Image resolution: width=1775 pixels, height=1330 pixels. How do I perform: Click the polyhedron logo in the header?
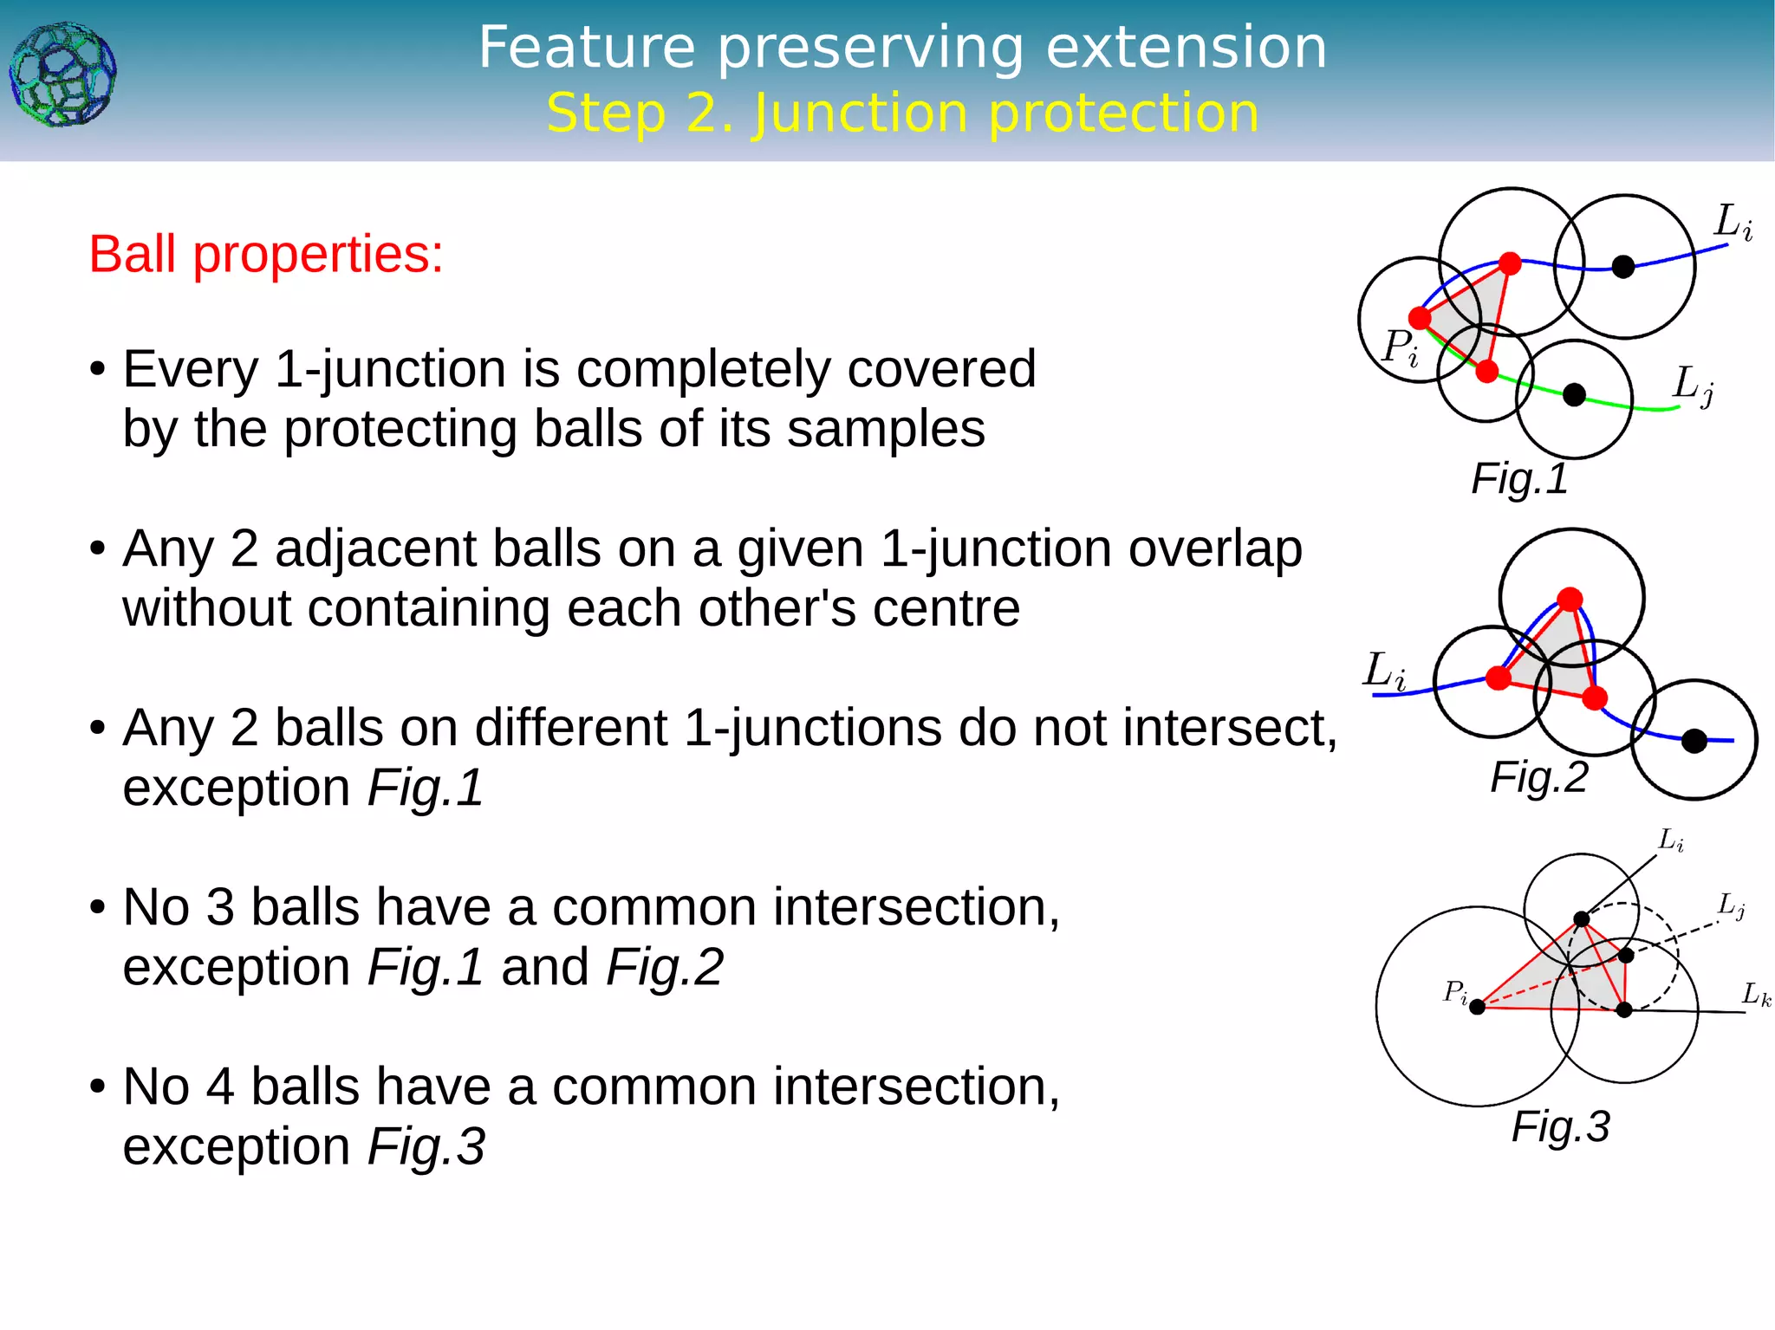62,75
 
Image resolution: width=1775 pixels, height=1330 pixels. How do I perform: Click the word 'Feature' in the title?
587,48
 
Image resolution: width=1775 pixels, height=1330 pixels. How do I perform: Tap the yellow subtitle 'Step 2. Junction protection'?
902,114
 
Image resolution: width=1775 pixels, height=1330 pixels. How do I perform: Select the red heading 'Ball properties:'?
266,255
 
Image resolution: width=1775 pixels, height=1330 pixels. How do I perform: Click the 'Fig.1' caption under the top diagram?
1519,479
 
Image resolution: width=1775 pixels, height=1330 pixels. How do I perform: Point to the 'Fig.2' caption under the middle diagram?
1538,777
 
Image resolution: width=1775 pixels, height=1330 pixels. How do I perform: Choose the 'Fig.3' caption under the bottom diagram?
1560,1127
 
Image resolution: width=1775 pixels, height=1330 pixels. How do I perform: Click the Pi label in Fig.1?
1400,348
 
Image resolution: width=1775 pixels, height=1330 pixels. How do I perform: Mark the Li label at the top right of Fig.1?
1733,222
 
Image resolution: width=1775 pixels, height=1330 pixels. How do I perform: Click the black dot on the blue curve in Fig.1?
1622,267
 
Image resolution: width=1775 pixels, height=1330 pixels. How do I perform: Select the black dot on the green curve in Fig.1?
1574,395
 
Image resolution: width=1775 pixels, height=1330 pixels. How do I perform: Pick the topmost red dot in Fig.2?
1570,600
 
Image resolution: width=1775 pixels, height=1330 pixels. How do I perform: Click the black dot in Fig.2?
1694,741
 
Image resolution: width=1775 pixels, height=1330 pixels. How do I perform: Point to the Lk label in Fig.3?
1756,995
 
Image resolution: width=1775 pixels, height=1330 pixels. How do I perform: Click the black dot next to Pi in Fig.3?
1478,1007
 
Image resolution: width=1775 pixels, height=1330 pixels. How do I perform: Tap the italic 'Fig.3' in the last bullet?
426,1147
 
